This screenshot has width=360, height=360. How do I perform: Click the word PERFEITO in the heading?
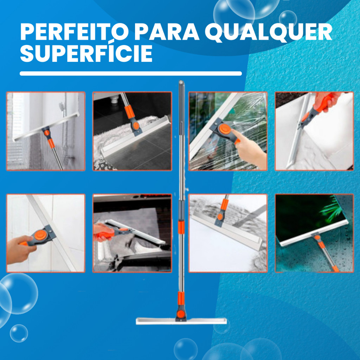pos(75,32)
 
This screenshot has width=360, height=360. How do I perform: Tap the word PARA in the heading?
pos(167,32)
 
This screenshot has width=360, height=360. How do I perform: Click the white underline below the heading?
pos(131,73)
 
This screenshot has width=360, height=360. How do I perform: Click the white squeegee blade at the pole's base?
pos(181,321)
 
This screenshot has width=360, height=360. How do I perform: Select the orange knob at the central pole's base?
pos(181,314)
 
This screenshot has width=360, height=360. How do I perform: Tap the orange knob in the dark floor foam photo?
pos(136,126)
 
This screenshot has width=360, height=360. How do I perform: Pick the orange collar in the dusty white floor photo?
pos(224,205)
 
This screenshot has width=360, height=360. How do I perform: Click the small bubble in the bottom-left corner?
pos(19,333)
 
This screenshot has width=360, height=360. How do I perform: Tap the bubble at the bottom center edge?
pos(186,349)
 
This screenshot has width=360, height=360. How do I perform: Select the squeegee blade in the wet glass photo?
pos(314,233)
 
